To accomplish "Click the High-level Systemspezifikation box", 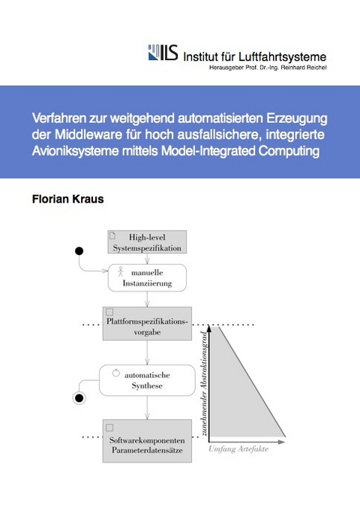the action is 147,241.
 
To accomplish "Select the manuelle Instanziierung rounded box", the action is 147,278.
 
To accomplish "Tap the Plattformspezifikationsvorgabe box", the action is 147,325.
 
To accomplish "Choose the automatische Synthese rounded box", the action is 147,379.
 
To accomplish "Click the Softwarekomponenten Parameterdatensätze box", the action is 147,443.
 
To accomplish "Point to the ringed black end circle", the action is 79,397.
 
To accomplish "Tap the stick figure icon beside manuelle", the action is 120,273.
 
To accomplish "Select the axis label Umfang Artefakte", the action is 239,451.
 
